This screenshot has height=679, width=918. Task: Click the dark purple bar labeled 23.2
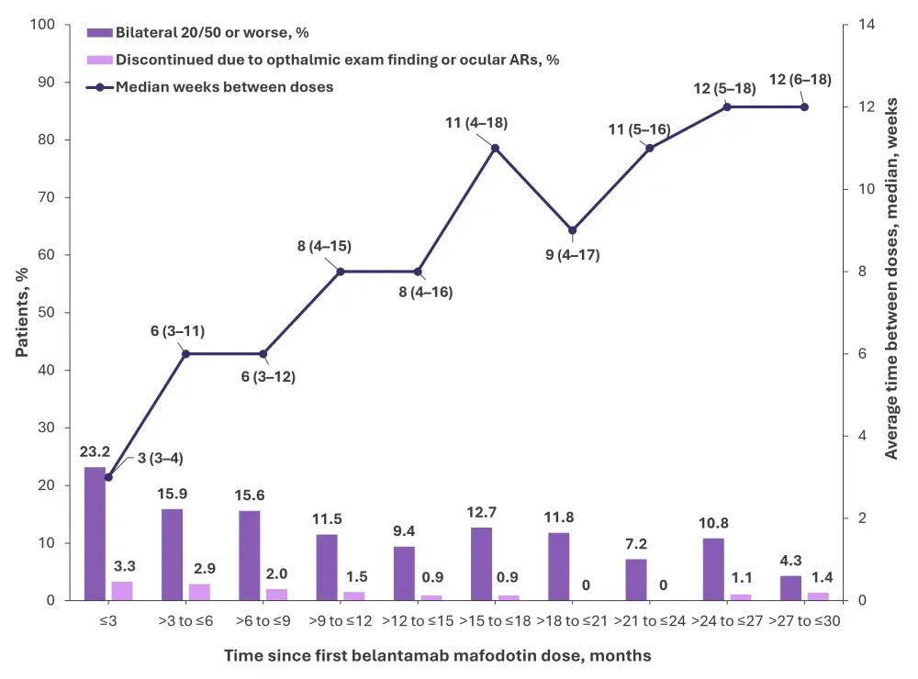tap(95, 533)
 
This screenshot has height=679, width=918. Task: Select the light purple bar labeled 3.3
tap(122, 591)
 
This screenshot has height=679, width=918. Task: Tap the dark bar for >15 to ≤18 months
tap(481, 563)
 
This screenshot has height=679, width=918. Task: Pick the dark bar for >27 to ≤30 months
tap(790, 587)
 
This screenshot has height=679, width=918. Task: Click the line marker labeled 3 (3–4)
tap(108, 477)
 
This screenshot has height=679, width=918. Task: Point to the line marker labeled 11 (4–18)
tap(496, 148)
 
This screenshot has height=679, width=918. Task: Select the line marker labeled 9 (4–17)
tap(573, 230)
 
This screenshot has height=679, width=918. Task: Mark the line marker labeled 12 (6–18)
tap(804, 107)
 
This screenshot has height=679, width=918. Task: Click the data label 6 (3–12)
tap(268, 376)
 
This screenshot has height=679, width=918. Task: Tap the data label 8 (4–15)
tap(324, 246)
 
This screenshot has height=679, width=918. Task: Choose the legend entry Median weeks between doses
tap(210, 87)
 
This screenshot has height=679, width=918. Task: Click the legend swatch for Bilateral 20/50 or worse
tap(99, 32)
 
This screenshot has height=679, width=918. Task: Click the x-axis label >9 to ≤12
tap(341, 621)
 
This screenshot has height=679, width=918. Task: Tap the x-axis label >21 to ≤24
tap(650, 621)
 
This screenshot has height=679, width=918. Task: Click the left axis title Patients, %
tap(22, 312)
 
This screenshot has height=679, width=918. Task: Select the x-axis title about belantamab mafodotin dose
tap(437, 655)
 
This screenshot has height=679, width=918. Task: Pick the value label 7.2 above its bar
tap(636, 544)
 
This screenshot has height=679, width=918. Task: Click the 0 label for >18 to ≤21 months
tap(586, 584)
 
